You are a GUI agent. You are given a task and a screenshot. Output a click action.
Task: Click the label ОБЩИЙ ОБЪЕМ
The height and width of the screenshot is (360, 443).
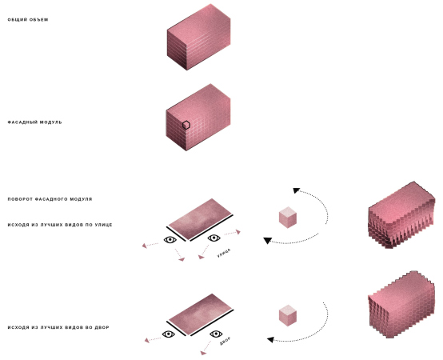coord(28,19)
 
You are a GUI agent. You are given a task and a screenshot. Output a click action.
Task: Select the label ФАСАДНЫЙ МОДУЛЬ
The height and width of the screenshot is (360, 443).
coord(34,122)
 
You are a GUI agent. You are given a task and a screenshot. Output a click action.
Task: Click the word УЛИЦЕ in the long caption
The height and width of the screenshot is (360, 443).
coord(103,225)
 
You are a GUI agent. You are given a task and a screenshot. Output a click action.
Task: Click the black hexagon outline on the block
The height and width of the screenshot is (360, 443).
coord(186,125)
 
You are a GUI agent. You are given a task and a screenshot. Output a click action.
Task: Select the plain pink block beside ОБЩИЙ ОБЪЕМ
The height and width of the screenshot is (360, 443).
coord(198,37)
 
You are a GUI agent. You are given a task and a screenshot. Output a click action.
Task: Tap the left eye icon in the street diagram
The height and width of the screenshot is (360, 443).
coord(170,240)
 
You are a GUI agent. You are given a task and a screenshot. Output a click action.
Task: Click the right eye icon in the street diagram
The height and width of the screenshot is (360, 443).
coord(214,238)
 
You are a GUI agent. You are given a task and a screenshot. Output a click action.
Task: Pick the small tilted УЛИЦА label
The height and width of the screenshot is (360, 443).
coord(224,253)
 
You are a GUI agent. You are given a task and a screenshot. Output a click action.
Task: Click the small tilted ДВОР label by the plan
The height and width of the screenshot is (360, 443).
coord(225,341)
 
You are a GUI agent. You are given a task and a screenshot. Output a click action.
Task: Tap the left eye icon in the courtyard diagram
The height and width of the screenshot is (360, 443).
coord(169,334)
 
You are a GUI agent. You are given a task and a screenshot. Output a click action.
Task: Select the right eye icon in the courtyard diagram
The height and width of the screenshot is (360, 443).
coord(216,334)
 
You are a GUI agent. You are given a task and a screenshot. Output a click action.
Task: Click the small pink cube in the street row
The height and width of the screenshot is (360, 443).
coord(288,218)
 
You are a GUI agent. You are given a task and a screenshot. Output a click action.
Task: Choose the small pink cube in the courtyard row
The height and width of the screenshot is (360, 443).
coord(288,315)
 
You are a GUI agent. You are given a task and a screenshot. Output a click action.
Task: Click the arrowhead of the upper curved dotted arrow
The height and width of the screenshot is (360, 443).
coord(296,190)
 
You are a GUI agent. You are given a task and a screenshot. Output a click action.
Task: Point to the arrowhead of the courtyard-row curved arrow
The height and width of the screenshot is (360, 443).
coord(270,340)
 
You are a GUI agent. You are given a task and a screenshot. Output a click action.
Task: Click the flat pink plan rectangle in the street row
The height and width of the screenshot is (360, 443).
coord(200,219)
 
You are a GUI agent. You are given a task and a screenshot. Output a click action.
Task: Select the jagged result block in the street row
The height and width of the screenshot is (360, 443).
coord(401,215)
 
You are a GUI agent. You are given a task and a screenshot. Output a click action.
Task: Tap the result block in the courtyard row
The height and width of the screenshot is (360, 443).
coord(401,304)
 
